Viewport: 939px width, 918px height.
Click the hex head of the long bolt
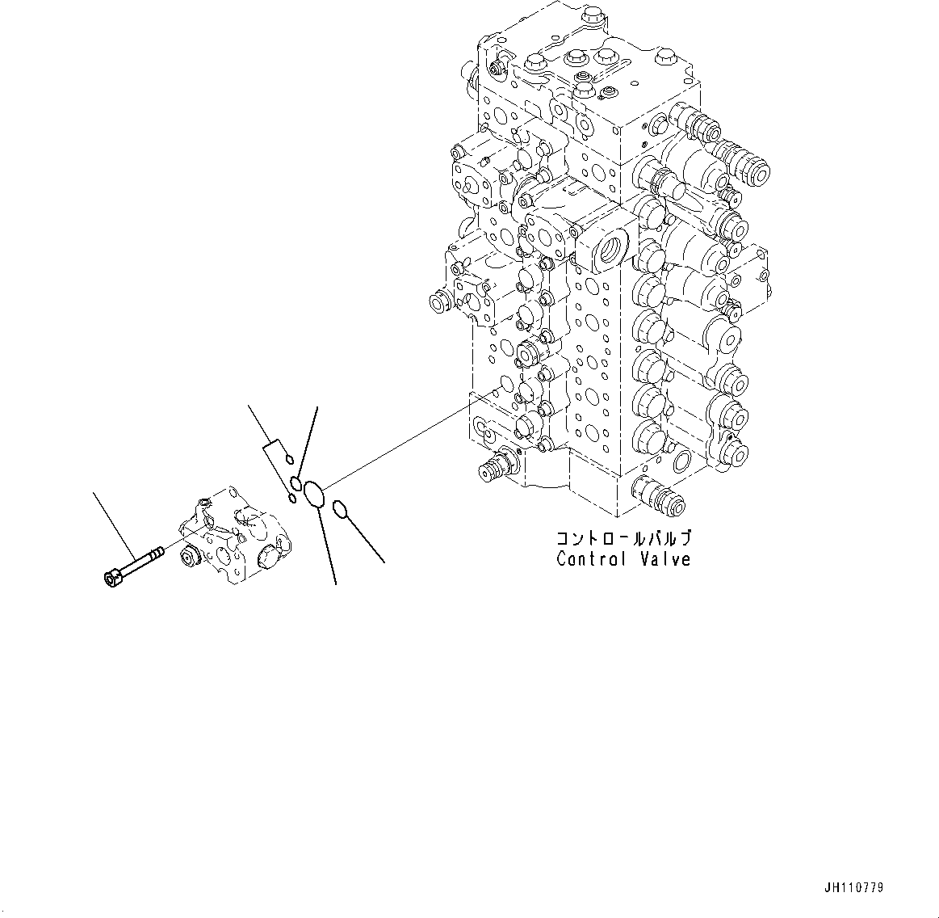click(x=111, y=578)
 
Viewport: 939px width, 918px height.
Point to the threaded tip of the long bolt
click(x=157, y=553)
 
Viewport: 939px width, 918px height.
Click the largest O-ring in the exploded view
click(x=314, y=495)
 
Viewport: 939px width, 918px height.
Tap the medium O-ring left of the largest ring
click(x=296, y=484)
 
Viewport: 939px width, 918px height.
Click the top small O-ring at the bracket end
click(x=288, y=461)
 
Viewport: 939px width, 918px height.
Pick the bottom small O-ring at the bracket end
click(x=291, y=498)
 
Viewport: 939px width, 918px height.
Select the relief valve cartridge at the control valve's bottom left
click(x=495, y=470)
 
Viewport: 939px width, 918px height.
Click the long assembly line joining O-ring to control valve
click(x=404, y=444)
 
